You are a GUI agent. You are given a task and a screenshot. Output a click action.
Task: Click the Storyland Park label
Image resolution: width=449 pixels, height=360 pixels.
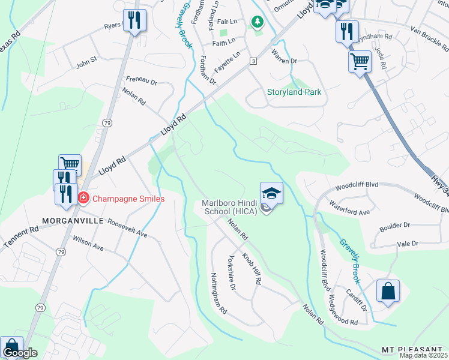coord(294,92)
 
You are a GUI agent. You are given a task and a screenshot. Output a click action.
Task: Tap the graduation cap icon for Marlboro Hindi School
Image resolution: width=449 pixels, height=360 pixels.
coord(271,193)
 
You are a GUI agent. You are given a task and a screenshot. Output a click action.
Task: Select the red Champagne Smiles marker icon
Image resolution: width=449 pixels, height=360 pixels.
coord(83,197)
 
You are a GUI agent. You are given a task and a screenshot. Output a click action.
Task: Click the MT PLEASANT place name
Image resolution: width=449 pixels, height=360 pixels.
coord(414,349)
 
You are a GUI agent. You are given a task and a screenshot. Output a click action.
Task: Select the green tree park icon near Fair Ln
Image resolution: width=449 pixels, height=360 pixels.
coord(258,22)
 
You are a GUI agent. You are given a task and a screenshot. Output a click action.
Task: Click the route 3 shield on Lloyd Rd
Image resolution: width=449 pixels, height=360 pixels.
coord(253,61)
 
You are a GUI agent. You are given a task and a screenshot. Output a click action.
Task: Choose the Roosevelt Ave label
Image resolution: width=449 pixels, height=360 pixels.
coord(127,228)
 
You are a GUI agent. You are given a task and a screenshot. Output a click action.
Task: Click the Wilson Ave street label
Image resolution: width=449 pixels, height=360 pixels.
coord(88,242)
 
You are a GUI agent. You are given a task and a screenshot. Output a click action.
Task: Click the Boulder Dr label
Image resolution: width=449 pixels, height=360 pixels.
coord(394,225)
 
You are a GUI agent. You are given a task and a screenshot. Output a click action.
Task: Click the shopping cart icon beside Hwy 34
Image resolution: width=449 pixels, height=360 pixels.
coord(360,61)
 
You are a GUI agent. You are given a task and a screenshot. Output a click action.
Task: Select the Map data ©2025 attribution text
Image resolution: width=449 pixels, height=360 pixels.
coord(423,355)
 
